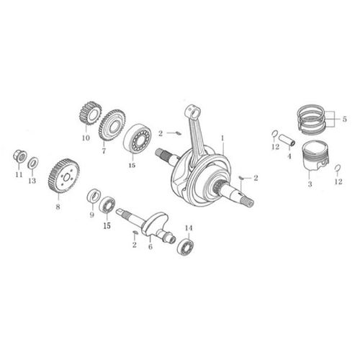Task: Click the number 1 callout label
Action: tap(223, 137)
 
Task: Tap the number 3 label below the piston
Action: tap(310, 185)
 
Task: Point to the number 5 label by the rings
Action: tap(344, 120)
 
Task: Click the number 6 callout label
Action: tap(150, 247)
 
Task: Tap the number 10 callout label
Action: tap(85, 137)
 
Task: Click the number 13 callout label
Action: tap(32, 181)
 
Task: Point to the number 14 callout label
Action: tap(188, 228)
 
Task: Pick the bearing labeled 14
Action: tap(187, 246)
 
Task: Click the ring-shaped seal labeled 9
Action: tap(93, 196)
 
